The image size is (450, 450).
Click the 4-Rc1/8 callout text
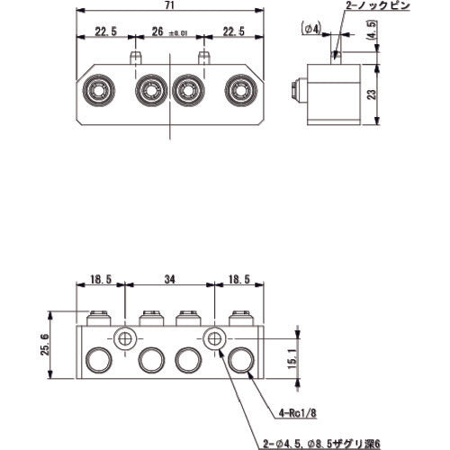(x=296, y=414)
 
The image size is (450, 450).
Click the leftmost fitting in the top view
(x=97, y=91)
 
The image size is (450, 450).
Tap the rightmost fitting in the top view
(x=239, y=91)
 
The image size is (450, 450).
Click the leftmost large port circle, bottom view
(x=97, y=361)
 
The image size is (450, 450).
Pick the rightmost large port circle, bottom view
(x=239, y=361)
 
